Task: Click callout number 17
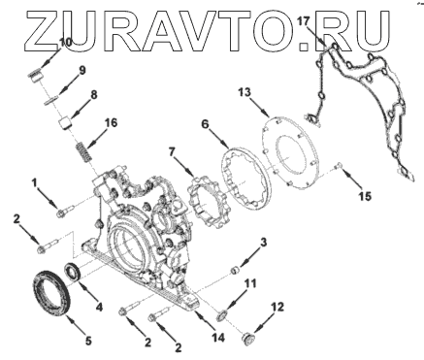[x=304, y=22]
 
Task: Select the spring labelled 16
[x=84, y=152]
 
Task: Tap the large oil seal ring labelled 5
[x=51, y=292]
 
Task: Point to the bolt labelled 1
[x=65, y=211]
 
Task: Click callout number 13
[x=245, y=92]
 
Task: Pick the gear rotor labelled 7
[x=209, y=201]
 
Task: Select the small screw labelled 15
[x=338, y=166]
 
